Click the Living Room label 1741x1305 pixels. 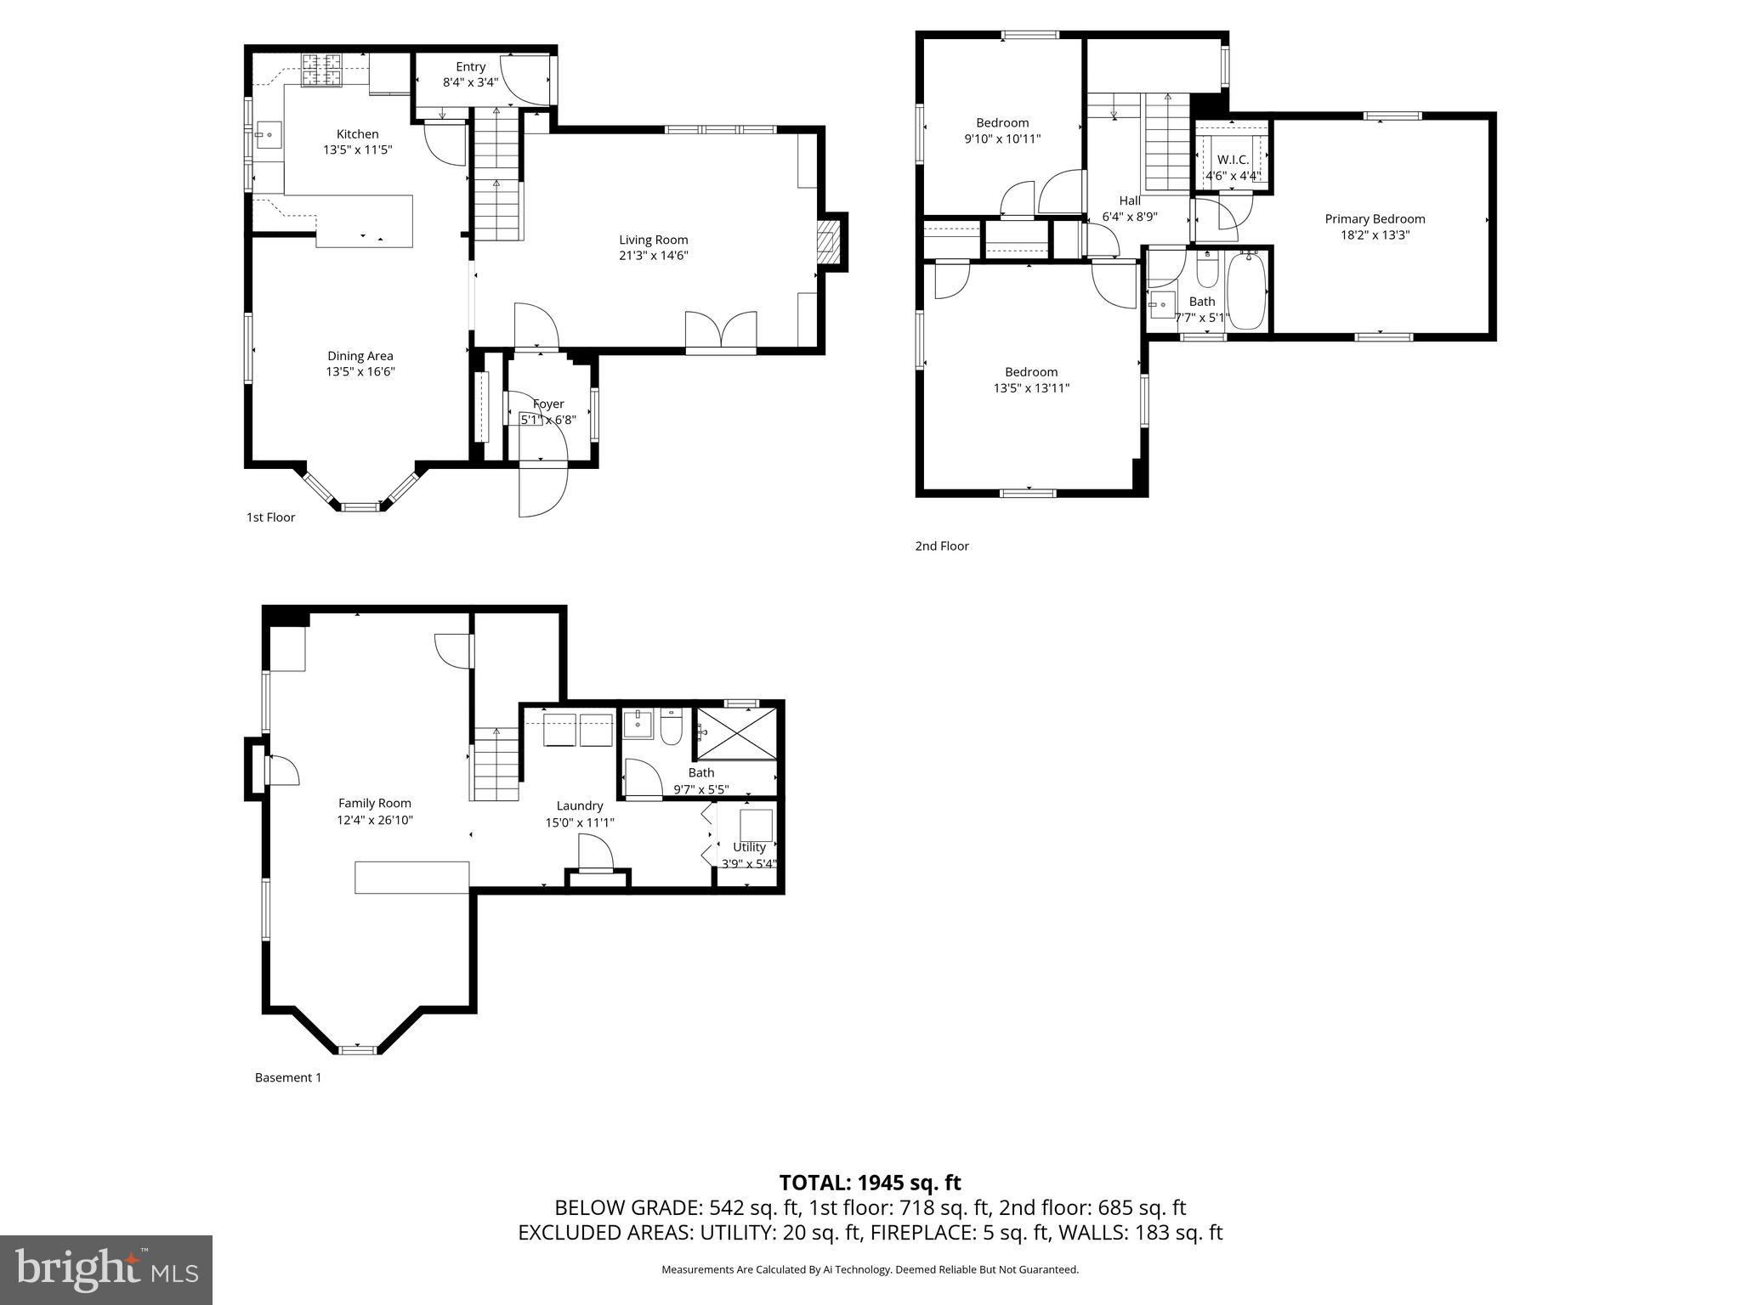(x=653, y=240)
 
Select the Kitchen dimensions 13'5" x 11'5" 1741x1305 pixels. (x=357, y=150)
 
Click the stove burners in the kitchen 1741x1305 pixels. (x=322, y=70)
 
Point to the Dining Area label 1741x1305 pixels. (x=360, y=356)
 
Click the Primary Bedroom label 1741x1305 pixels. (x=1375, y=218)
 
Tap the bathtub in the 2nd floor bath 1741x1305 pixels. (x=1246, y=291)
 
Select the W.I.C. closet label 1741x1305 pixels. (x=1233, y=160)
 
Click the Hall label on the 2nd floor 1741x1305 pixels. (x=1129, y=201)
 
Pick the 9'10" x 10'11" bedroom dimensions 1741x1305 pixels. (x=1002, y=138)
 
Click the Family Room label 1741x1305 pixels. (x=374, y=803)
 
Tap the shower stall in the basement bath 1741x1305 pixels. (x=736, y=733)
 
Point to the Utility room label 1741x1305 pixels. (x=749, y=847)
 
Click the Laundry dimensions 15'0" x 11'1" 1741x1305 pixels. (x=579, y=822)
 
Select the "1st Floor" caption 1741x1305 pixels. (x=270, y=517)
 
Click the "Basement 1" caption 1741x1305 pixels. (x=288, y=1077)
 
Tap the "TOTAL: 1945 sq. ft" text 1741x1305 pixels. (x=870, y=1182)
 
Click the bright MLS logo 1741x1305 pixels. (x=106, y=1269)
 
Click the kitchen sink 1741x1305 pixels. (x=269, y=133)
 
